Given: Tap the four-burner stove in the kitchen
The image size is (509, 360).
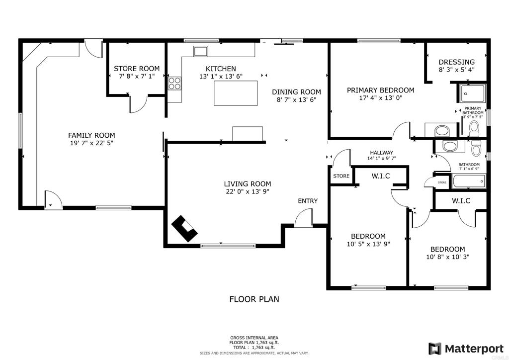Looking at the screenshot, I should point(175,83).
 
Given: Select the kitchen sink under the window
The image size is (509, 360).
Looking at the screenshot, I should point(201,51).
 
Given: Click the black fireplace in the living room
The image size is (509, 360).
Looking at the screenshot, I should point(184,229).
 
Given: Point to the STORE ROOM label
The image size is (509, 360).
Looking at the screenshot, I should point(137,69).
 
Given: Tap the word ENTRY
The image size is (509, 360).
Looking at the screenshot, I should point(308,201).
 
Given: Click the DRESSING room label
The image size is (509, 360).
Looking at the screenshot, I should point(456,62).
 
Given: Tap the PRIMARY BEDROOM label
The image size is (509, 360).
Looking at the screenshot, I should point(380,90).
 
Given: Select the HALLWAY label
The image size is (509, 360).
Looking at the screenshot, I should point(381,153).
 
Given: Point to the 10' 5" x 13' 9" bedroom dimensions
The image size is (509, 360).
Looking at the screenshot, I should point(368,244).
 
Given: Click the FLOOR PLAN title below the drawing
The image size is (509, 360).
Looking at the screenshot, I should point(254,299).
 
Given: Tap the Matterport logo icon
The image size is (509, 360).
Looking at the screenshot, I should point(435,348).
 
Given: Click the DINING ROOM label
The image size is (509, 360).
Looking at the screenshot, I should point(296,91).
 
